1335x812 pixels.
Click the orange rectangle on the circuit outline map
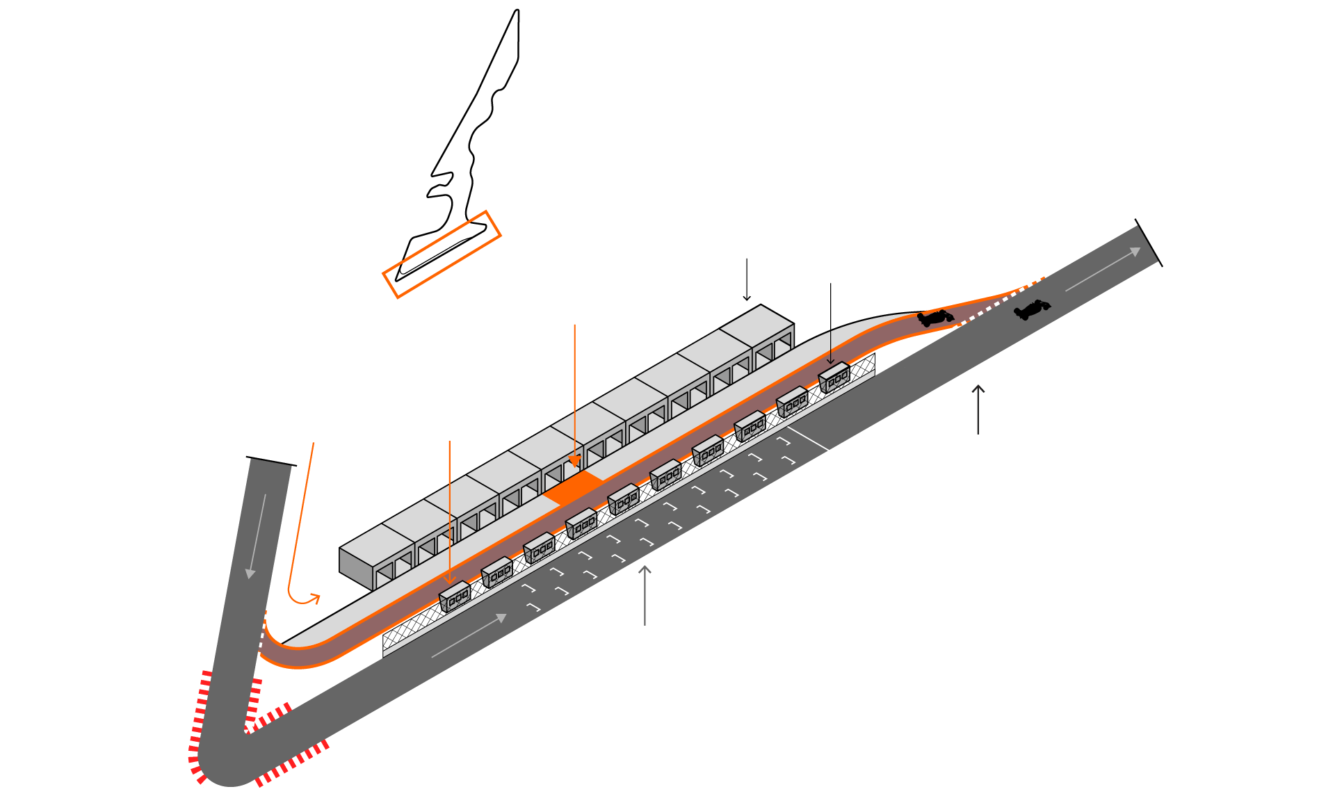coord(442,254)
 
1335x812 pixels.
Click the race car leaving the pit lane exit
coord(935,318)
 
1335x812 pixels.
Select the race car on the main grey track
coord(1032,309)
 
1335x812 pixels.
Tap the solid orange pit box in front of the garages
coord(574,486)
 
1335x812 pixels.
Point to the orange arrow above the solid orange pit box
coord(575,396)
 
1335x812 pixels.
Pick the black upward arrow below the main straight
coord(978,409)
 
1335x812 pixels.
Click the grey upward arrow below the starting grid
coord(645,595)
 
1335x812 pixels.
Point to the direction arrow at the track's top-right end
coord(1103,270)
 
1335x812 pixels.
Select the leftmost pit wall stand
coord(455,596)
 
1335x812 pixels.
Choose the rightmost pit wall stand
coord(834,377)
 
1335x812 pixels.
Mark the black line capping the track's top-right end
coord(1149,243)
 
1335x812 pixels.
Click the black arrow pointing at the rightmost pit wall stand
coord(830,323)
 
